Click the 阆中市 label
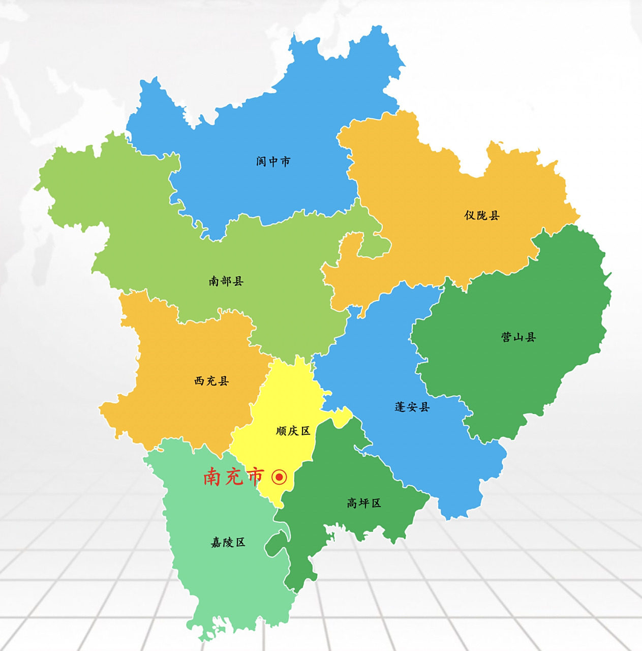tap(273, 162)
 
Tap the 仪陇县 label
tap(482, 216)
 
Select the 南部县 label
tap(226, 281)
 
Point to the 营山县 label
tap(518, 337)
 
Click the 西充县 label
tap(211, 381)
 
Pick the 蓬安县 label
tap(412, 407)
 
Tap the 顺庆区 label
tap(293, 431)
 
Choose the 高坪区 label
tap(364, 504)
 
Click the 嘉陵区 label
tap(228, 543)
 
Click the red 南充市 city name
tap(233, 477)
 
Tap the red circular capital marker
tap(279, 477)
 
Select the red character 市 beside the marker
tap(255, 477)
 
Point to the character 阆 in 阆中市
tap(261, 162)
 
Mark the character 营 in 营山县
tap(507, 337)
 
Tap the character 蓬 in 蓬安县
tap(401, 407)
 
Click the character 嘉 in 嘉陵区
tap(217, 543)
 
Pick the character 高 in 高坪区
tap(352, 504)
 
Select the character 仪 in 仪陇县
tap(470, 216)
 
